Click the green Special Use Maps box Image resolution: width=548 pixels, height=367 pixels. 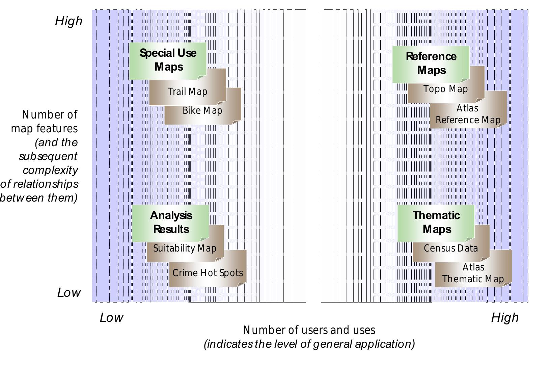click(168, 60)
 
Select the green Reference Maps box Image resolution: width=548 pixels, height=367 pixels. click(431, 64)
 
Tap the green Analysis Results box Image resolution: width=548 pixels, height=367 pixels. click(170, 222)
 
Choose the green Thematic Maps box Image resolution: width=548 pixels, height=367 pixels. click(436, 222)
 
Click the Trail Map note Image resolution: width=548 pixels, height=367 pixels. click(188, 92)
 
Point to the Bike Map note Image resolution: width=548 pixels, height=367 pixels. click(202, 111)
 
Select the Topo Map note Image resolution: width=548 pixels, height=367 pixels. click(445, 89)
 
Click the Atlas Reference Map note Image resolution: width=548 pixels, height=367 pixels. click(468, 114)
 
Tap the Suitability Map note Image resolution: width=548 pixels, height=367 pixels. click(185, 248)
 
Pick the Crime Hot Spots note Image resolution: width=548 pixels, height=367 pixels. click(208, 273)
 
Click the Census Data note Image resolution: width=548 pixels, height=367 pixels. click(451, 248)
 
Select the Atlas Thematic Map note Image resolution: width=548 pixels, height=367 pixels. click(473, 273)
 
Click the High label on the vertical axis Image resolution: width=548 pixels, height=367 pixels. click(69, 21)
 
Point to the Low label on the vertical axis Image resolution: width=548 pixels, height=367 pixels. click(69, 292)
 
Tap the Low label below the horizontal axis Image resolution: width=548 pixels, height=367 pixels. click(111, 318)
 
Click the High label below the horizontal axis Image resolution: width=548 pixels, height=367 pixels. click(505, 318)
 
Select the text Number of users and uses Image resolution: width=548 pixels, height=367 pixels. click(309, 330)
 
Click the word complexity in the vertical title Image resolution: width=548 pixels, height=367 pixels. click(50, 170)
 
